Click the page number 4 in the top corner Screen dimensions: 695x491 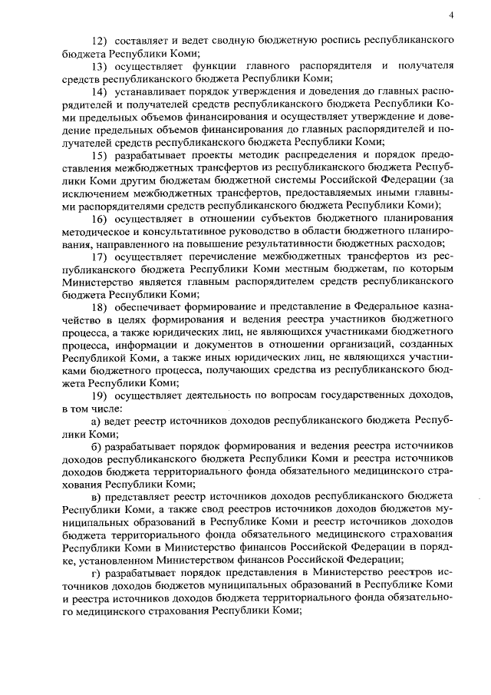(x=452, y=15)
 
